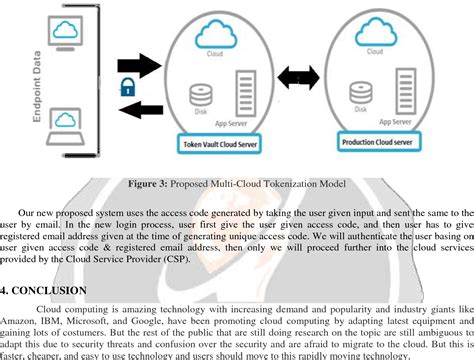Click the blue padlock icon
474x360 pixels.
point(127,85)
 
